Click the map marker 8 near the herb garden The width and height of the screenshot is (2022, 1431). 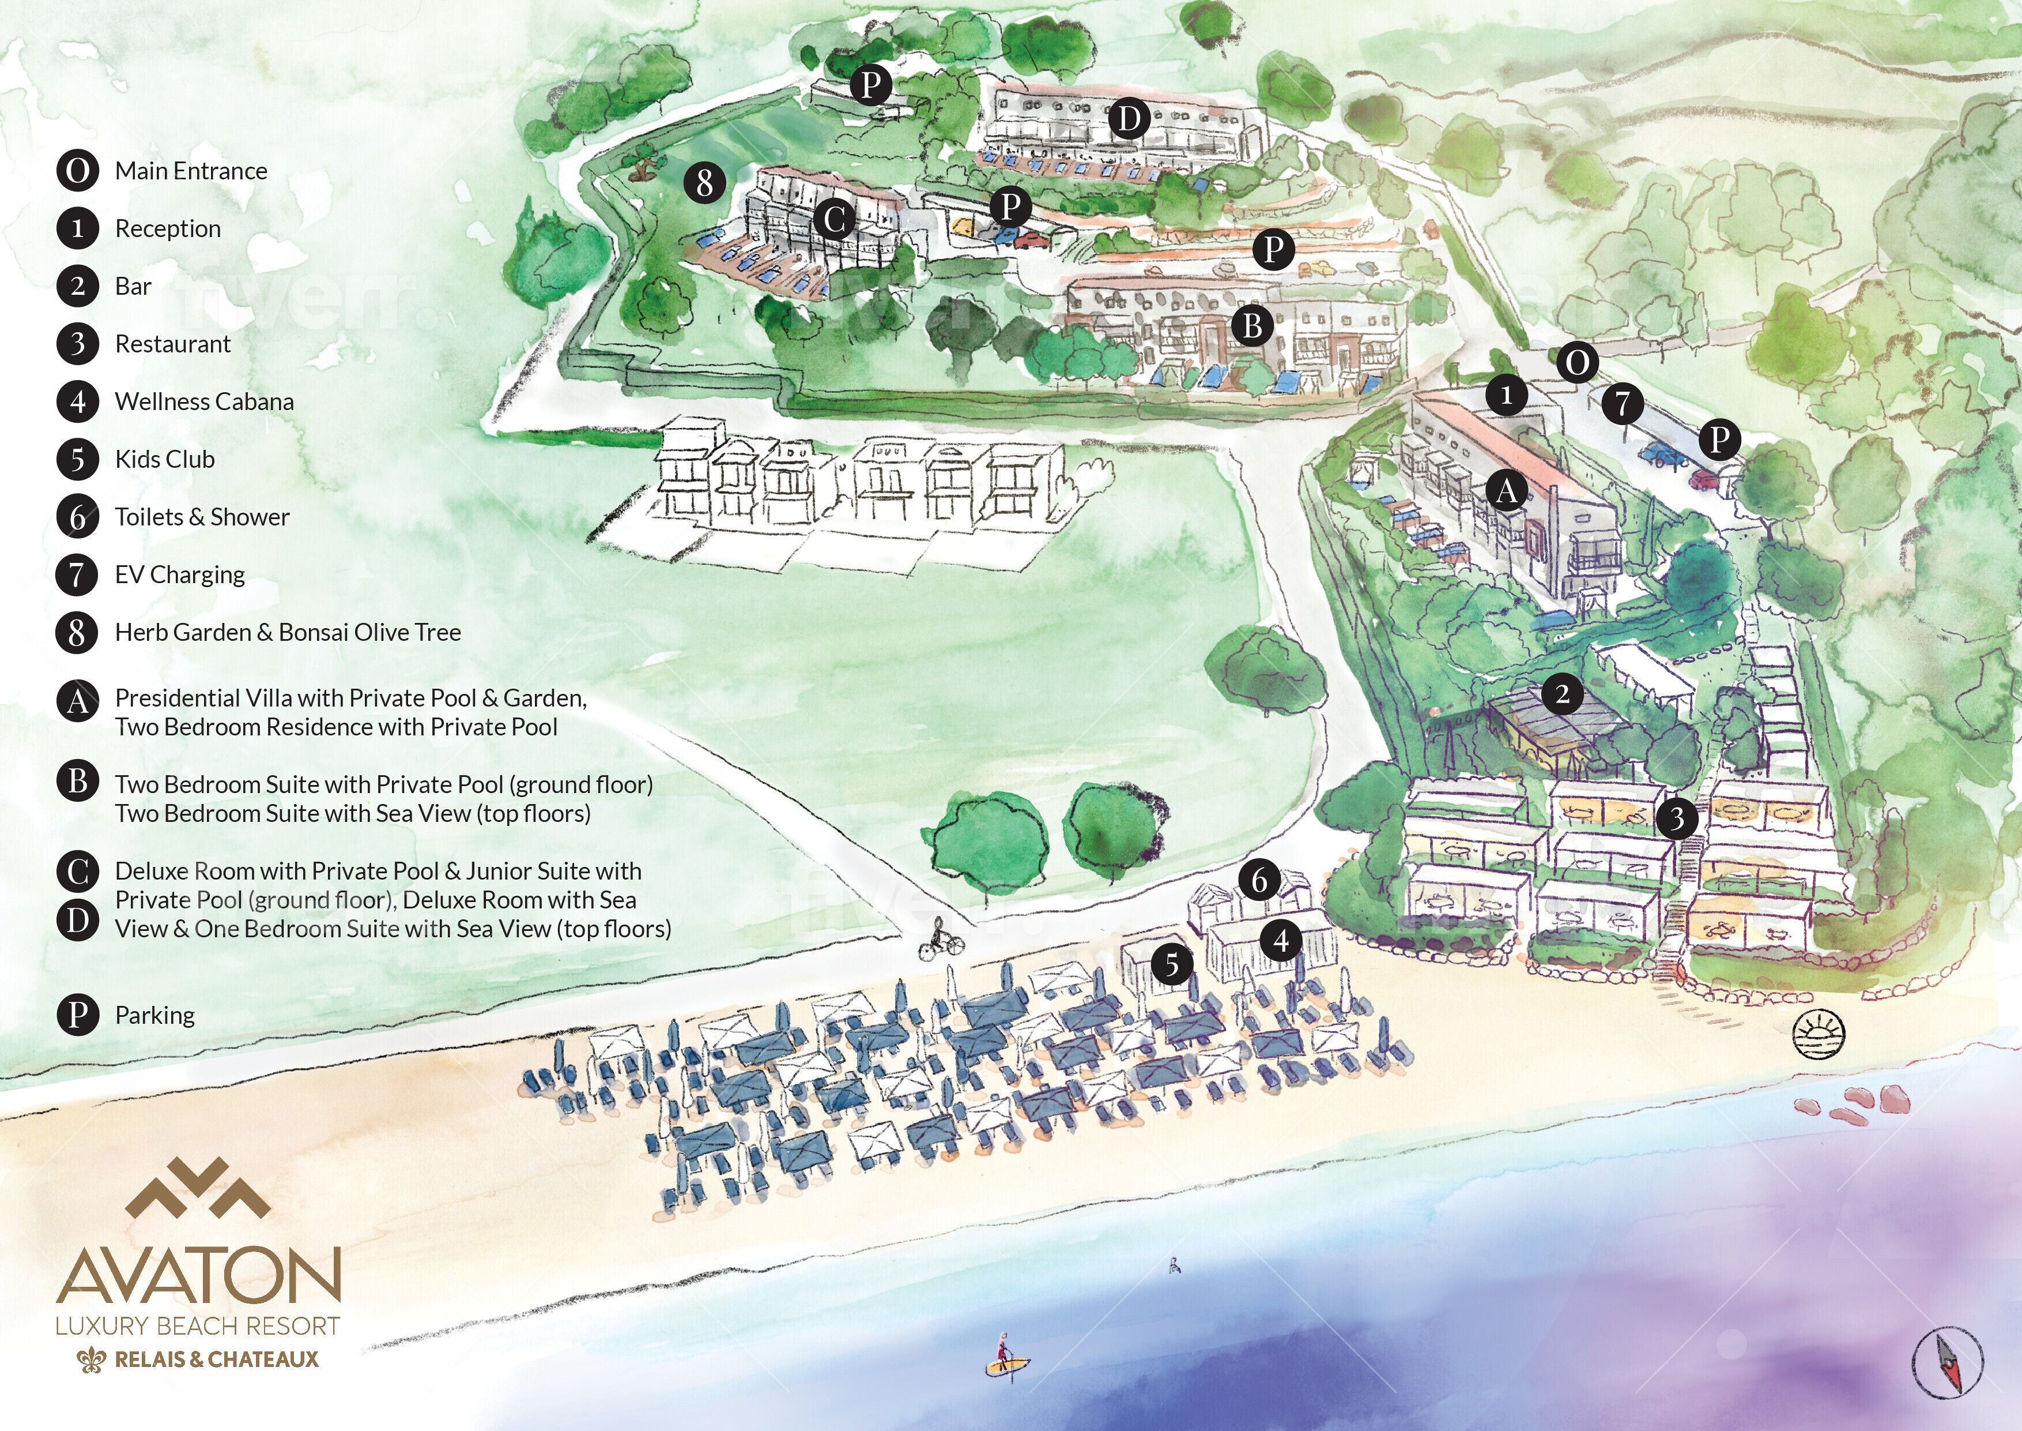(704, 183)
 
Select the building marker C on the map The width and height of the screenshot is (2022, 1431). (834, 219)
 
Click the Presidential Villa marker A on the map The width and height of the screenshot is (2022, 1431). (1506, 490)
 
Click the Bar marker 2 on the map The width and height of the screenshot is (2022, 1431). (1562, 694)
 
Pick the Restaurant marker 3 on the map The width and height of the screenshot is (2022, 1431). (1677, 818)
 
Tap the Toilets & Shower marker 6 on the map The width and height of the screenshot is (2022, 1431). (1259, 880)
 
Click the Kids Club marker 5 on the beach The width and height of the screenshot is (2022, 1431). (1171, 964)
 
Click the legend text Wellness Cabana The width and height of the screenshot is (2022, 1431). (204, 402)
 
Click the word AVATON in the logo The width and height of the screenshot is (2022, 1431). (198, 1276)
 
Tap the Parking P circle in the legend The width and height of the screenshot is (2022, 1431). (77, 1015)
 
